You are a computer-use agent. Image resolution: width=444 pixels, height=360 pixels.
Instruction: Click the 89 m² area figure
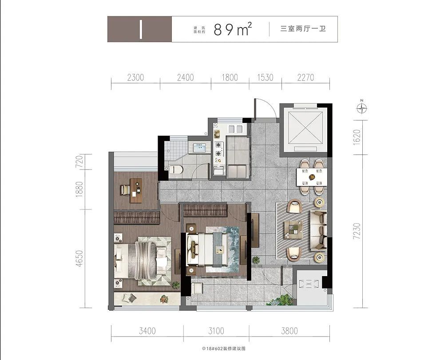tap(233, 29)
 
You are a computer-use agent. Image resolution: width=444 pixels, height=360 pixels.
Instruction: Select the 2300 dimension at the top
tap(135, 77)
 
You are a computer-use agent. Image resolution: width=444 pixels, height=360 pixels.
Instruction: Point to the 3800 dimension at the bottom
tap(289, 331)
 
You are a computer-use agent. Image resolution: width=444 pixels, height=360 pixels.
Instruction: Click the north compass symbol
tap(363, 107)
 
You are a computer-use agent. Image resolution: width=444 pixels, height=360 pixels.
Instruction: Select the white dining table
tap(312, 177)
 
